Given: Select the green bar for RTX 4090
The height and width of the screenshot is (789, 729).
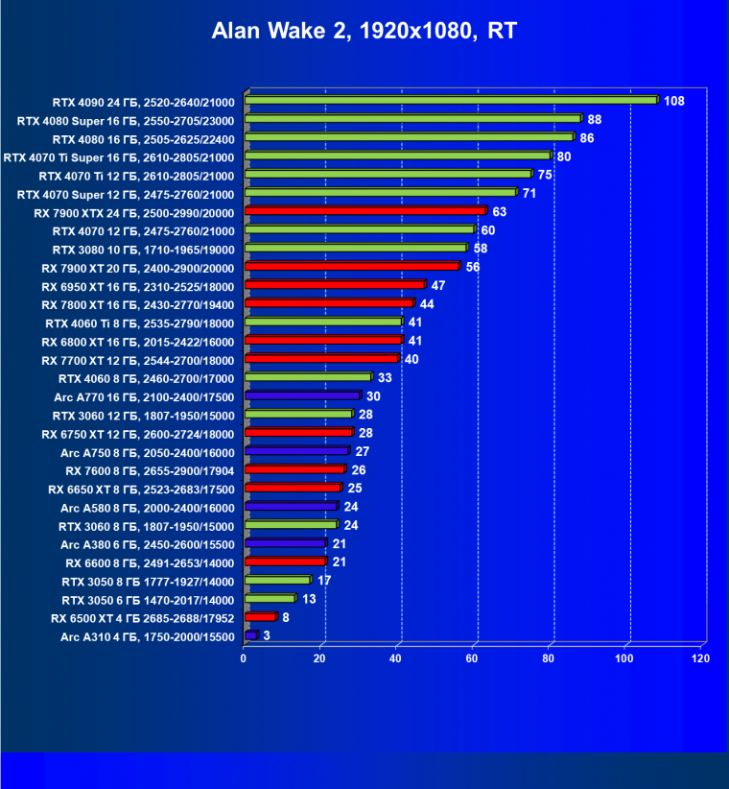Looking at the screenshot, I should (451, 100).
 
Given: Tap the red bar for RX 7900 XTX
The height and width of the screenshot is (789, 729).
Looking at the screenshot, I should (365, 210).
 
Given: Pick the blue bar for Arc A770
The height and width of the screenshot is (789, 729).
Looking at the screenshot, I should (302, 395).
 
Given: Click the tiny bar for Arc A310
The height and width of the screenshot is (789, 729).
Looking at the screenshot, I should (251, 635).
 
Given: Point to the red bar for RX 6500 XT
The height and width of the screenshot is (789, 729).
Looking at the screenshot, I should (261, 617).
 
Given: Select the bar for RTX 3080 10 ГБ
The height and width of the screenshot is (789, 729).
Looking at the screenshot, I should (356, 248).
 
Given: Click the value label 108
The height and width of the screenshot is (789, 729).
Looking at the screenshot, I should (673, 101).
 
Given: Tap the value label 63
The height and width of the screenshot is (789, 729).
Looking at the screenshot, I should (501, 211).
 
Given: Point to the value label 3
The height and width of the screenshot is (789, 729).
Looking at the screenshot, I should (266, 636).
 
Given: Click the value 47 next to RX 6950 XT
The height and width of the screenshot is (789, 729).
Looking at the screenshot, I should (439, 285).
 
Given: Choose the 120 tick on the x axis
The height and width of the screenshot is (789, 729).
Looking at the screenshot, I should (700, 659).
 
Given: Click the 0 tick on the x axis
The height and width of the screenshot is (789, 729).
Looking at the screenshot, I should (244, 659).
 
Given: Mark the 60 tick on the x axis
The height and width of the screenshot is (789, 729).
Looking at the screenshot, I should (472, 659).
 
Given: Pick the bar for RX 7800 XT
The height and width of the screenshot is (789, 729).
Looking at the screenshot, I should (329, 303).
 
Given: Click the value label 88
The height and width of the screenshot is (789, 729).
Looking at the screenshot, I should (595, 120).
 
